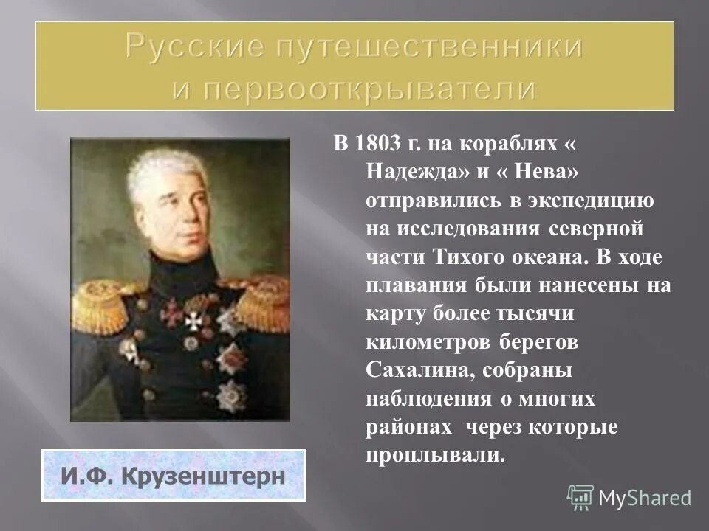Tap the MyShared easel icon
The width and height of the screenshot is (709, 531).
580,497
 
